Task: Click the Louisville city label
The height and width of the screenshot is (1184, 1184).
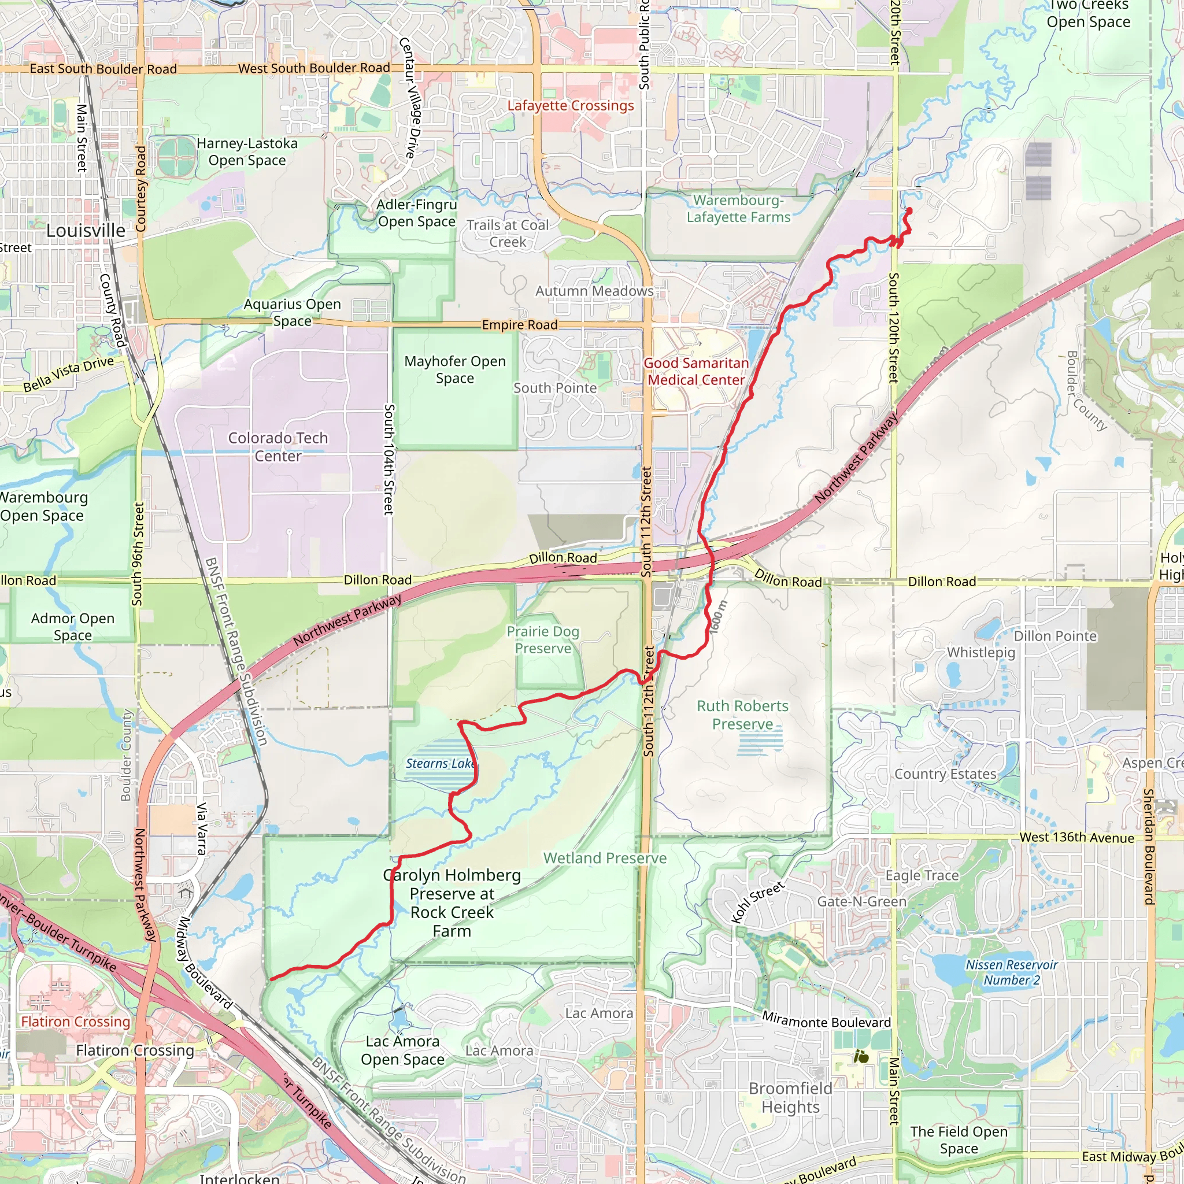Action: [x=86, y=231]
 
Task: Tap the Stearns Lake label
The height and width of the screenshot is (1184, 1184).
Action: [x=439, y=764]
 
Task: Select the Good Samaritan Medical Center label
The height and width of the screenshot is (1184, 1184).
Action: [x=696, y=371]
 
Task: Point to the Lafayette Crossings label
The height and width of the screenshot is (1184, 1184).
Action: [x=571, y=105]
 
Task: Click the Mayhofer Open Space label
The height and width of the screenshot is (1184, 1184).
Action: [x=455, y=369]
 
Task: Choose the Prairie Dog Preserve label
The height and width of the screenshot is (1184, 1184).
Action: [x=543, y=640]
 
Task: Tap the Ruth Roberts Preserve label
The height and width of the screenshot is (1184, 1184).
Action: [x=742, y=715]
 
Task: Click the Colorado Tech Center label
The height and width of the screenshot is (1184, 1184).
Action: [x=278, y=447]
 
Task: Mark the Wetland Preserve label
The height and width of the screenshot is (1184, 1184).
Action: [x=605, y=858]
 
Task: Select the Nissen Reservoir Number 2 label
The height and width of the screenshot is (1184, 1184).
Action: [x=1011, y=972]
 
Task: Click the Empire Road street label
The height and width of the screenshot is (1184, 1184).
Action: [x=520, y=325]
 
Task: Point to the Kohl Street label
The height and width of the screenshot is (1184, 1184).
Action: [x=757, y=902]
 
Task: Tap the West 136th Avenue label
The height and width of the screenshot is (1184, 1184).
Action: [x=1076, y=838]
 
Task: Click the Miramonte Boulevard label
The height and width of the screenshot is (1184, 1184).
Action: [x=826, y=1020]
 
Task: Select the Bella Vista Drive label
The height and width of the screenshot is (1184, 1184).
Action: [x=69, y=375]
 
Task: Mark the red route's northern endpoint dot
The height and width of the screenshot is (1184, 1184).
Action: [x=909, y=211]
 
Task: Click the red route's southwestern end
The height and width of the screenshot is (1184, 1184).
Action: [x=271, y=979]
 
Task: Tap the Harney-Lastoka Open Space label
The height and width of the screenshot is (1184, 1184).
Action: [x=247, y=151]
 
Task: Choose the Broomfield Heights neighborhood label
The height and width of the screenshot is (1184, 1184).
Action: [x=790, y=1098]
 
